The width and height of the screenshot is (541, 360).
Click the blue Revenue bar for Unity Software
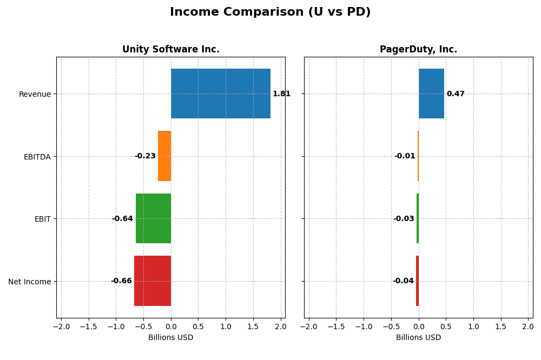click(221, 94)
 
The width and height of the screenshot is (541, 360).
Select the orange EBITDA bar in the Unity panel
click(164, 156)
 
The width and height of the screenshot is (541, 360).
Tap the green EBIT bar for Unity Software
click(153, 218)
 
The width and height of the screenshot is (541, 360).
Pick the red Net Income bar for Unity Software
click(153, 281)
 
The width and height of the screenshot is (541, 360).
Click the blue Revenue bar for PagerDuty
click(431, 94)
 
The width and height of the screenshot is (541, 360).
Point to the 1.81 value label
click(281, 94)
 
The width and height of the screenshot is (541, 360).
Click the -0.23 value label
click(145, 156)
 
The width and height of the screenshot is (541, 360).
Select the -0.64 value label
click(122, 219)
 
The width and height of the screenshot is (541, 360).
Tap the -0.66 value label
click(121, 281)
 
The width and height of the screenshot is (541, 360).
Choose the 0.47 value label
click(456, 94)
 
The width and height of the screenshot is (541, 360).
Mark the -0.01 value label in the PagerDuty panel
click(405, 156)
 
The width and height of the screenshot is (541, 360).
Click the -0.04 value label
click(403, 281)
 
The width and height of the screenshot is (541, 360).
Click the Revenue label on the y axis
click(35, 94)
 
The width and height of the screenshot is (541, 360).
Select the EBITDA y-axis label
click(37, 157)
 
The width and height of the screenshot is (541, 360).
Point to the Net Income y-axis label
click(29, 282)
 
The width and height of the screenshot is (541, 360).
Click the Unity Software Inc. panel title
click(171, 50)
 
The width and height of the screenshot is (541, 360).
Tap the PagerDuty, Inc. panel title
click(418, 50)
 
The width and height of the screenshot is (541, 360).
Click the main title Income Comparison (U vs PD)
click(270, 12)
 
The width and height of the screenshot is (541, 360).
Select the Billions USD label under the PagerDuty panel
click(418, 338)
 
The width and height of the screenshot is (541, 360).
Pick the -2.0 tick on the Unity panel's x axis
click(61, 326)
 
